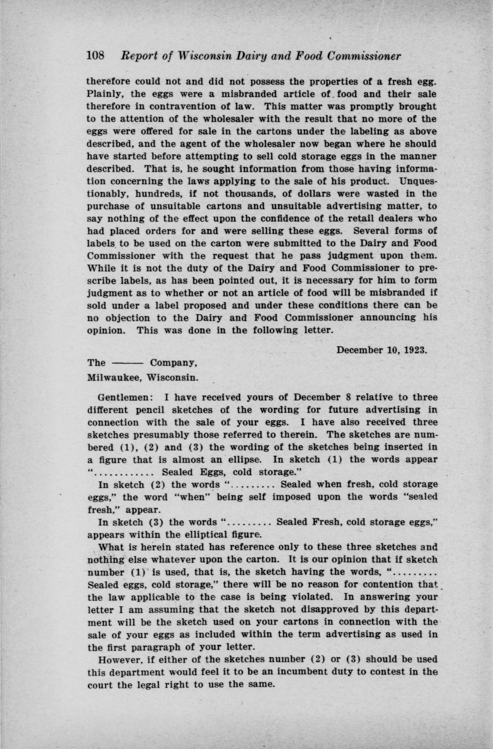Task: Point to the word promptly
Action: (371, 106)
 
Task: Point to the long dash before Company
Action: (127, 363)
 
